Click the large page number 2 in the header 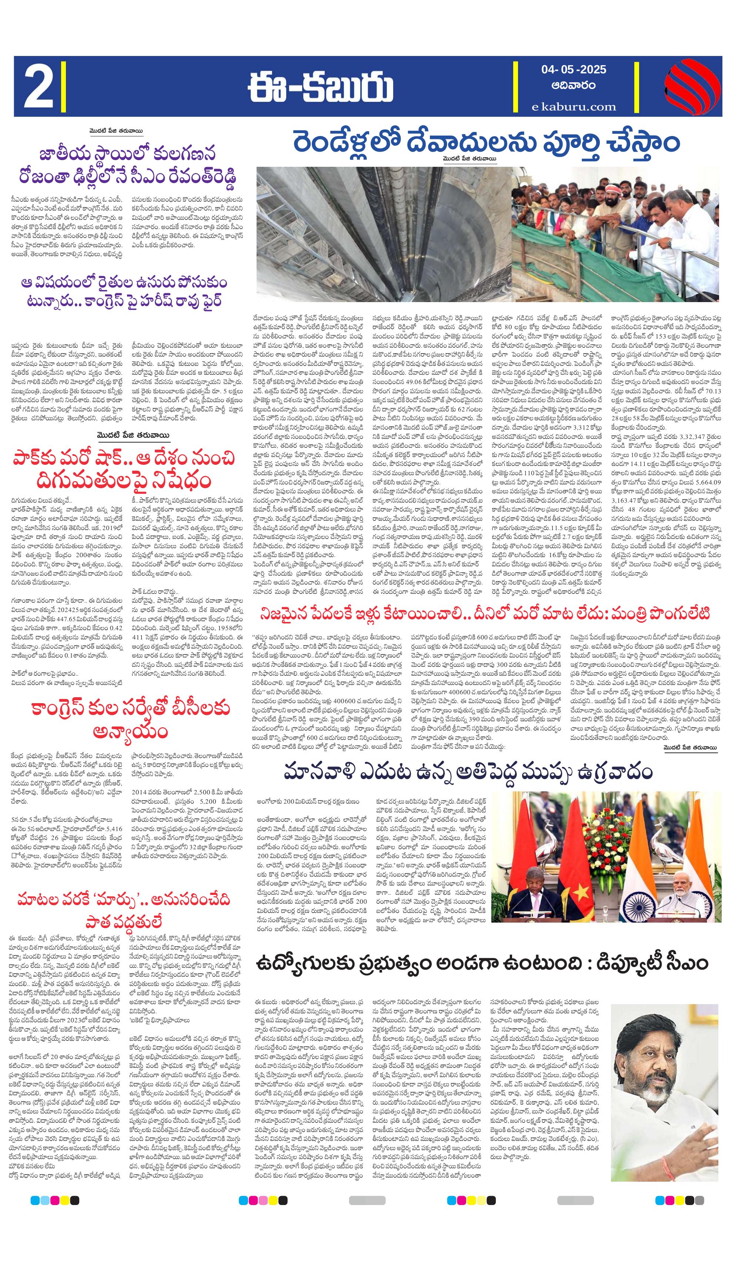(x=39, y=86)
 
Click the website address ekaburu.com (x=574, y=106)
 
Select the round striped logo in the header (x=688, y=86)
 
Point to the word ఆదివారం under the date (x=574, y=86)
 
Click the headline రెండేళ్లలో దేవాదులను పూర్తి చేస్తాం (x=486, y=143)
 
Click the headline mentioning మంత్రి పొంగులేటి (x=484, y=613)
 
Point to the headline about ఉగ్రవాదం (x=468, y=772)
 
